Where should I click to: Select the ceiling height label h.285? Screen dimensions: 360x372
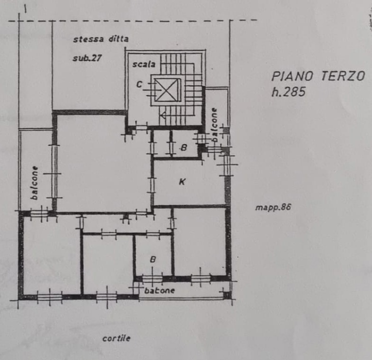coord(288,91)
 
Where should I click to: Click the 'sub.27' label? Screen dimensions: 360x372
coord(87,58)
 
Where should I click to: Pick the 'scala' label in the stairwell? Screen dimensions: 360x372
coord(144,64)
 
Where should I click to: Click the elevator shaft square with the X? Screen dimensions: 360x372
coord(167,90)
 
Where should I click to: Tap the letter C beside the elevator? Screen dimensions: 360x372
coord(139,84)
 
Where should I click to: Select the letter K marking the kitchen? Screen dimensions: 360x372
coord(182,182)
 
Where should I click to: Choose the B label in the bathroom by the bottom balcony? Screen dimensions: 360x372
coord(153,259)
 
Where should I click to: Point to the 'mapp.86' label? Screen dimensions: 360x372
coord(272,207)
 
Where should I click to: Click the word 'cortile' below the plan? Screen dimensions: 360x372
coord(116,338)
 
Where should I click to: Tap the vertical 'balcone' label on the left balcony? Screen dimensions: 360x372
coord(34,182)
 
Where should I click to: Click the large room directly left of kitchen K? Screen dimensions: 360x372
coord(102,165)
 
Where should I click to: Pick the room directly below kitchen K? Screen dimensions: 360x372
coord(198,240)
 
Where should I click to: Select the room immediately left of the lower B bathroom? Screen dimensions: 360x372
coord(107,262)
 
